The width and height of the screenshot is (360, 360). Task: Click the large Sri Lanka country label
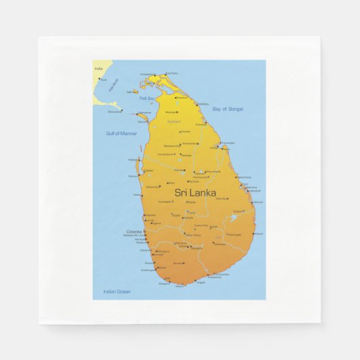pyautogui.click(x=196, y=193)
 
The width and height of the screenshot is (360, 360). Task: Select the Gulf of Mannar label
pyautogui.click(x=122, y=133)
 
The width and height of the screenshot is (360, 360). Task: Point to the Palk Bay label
pyautogui.click(x=146, y=98)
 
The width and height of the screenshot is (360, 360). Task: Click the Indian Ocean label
pyautogui.click(x=117, y=291)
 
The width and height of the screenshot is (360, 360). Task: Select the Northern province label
pyautogui.click(x=175, y=121)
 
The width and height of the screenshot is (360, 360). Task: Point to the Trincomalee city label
pyautogui.click(x=227, y=143)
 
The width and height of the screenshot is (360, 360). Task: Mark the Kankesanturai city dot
pyautogui.click(x=155, y=75)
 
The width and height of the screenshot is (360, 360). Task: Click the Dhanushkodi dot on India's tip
pyautogui.click(x=122, y=110)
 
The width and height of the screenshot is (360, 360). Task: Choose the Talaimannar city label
pyautogui.click(x=144, y=113)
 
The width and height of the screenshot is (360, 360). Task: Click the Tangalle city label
pyautogui.click(x=200, y=282)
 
